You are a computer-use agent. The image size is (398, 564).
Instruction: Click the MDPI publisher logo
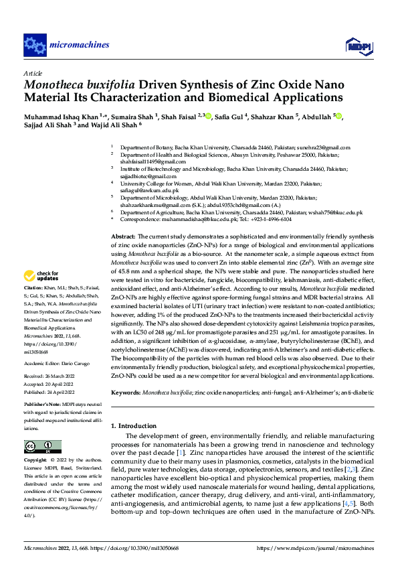(355, 45)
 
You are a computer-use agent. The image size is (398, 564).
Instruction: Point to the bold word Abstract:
(123, 237)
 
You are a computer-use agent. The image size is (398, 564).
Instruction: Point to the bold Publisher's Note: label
(42, 406)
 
